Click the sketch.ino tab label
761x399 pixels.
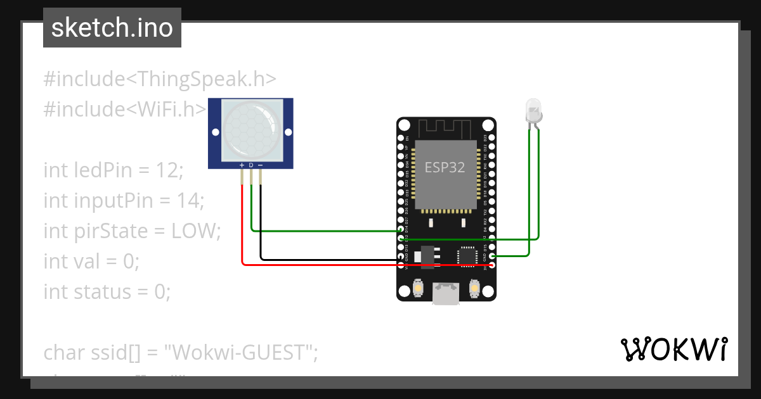click(112, 28)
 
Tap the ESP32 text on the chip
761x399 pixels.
click(445, 168)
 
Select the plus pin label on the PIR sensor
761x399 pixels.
click(242, 165)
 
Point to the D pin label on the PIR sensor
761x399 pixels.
click(251, 165)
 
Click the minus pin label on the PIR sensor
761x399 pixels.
click(260, 165)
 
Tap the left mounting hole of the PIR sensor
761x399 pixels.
click(215, 132)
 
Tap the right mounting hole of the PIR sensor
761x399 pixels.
click(287, 132)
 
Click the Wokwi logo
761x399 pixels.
click(673, 349)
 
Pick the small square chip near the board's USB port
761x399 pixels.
click(467, 255)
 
